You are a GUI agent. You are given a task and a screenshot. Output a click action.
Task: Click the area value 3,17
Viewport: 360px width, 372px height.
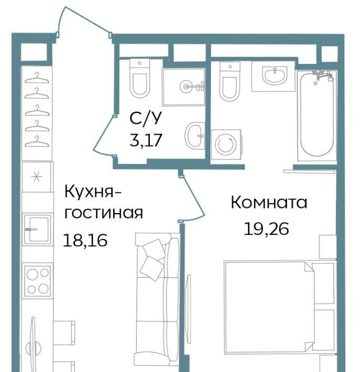(146, 140)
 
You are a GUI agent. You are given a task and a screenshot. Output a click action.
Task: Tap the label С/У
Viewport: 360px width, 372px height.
(145, 118)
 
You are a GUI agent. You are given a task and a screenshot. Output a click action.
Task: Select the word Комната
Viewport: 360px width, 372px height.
(269, 203)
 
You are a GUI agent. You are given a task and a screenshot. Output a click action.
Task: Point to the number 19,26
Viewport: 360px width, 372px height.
(266, 228)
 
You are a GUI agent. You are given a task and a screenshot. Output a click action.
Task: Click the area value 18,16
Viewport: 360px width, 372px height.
(85, 240)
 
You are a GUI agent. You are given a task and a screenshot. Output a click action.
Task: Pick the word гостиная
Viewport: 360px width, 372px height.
(104, 213)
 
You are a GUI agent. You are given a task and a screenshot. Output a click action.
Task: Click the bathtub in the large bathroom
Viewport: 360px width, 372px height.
(317, 116)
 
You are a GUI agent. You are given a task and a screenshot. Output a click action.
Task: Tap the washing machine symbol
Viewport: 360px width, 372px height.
(226, 144)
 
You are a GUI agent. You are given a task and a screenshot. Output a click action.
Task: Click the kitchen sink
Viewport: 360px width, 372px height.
(38, 229)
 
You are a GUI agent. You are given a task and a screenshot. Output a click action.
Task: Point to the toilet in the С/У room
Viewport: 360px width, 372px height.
(139, 78)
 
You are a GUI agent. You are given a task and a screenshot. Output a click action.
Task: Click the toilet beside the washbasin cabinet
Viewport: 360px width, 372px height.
(230, 81)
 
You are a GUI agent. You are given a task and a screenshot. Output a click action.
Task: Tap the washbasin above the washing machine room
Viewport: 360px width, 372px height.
(275, 75)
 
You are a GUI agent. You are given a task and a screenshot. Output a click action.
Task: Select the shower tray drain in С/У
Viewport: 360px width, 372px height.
(186, 86)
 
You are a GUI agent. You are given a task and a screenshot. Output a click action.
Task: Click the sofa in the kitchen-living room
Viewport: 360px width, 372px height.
(157, 299)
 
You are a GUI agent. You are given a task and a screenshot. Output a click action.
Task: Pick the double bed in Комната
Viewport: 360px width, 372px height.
(280, 307)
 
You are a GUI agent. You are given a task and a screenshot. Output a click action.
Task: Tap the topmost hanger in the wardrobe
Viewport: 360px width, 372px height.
(37, 78)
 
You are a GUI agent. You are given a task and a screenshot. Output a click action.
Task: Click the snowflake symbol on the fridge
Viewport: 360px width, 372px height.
(37, 177)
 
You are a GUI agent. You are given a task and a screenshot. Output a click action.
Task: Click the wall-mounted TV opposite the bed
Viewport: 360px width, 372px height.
(189, 309)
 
